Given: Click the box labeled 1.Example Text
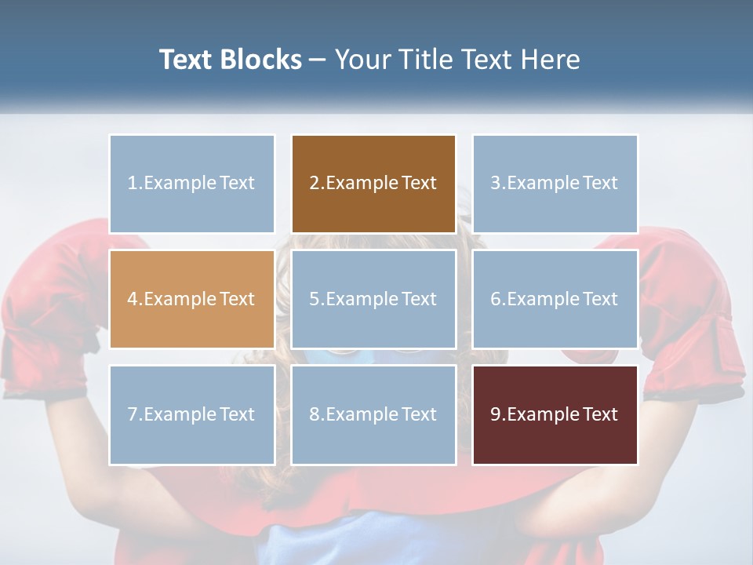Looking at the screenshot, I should tap(192, 184).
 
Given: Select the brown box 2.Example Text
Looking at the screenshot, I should tap(373, 184).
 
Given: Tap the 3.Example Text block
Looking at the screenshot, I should tap(555, 184).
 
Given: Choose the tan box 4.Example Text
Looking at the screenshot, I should tap(192, 299).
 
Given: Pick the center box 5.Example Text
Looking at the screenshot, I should tap(373, 299).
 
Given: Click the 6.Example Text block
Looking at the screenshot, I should tap(555, 299).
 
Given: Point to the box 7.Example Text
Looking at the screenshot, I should tap(192, 414).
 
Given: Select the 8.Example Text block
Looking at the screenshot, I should tap(373, 414).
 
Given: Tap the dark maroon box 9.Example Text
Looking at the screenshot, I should tap(555, 414).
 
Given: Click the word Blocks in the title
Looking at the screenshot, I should tap(262, 60).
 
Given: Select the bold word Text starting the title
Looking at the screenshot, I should tap(188, 60).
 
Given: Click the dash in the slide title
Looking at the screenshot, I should tap(318, 60).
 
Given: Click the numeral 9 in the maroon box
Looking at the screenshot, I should tap(496, 414).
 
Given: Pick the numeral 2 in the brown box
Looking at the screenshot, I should tap(315, 184).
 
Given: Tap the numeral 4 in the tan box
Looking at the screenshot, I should tap(133, 299).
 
